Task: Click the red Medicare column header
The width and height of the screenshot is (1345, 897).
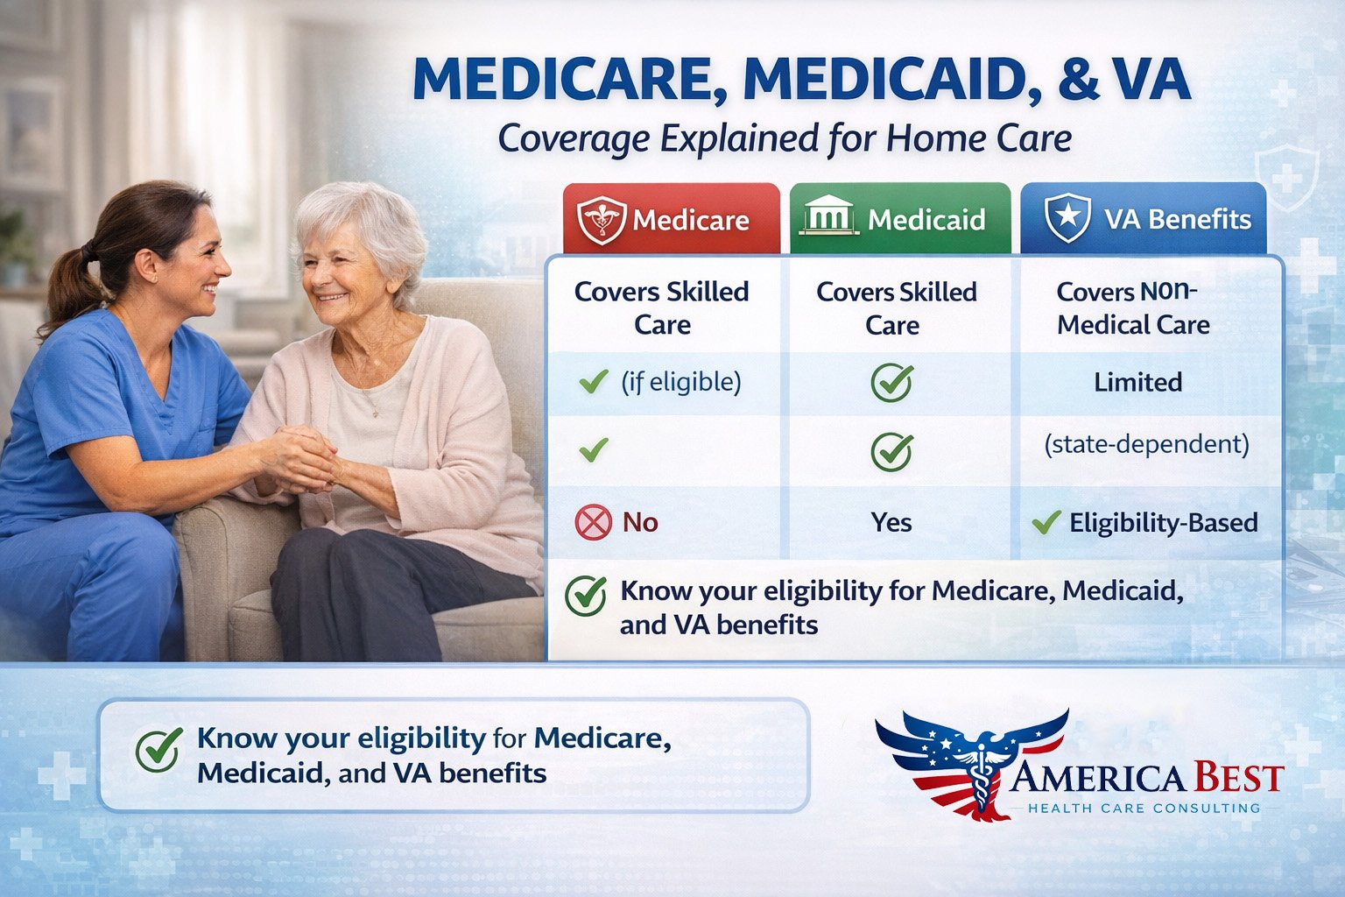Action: (x=672, y=219)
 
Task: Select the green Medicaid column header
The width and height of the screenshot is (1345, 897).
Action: (x=899, y=219)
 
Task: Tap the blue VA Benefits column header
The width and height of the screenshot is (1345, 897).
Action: (x=1143, y=219)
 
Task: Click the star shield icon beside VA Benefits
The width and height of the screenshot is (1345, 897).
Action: (x=1067, y=218)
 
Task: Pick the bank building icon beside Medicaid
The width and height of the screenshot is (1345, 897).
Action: (x=827, y=215)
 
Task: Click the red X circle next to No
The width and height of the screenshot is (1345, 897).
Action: (x=593, y=523)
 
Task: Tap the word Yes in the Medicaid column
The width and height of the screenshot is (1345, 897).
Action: (x=891, y=523)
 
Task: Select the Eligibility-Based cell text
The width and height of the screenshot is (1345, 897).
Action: (x=1163, y=523)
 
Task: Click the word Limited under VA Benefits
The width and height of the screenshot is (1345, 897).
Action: (x=1137, y=382)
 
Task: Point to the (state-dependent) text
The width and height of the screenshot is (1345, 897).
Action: (x=1146, y=444)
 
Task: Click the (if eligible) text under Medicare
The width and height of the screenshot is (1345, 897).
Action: (x=680, y=382)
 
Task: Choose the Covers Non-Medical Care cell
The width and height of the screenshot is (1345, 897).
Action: (x=1133, y=308)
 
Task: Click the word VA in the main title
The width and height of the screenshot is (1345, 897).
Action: (x=1151, y=81)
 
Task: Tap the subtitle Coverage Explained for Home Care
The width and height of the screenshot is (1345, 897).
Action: (x=785, y=138)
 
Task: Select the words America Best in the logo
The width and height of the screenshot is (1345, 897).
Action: (x=1147, y=778)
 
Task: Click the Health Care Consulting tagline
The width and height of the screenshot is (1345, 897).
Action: (x=1144, y=808)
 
